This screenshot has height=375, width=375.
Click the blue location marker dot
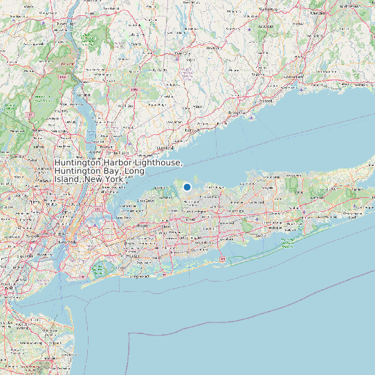click(187, 187)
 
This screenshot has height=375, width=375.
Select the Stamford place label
click(165, 147)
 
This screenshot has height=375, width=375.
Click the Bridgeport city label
click(237, 112)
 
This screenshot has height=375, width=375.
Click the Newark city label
click(26, 239)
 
